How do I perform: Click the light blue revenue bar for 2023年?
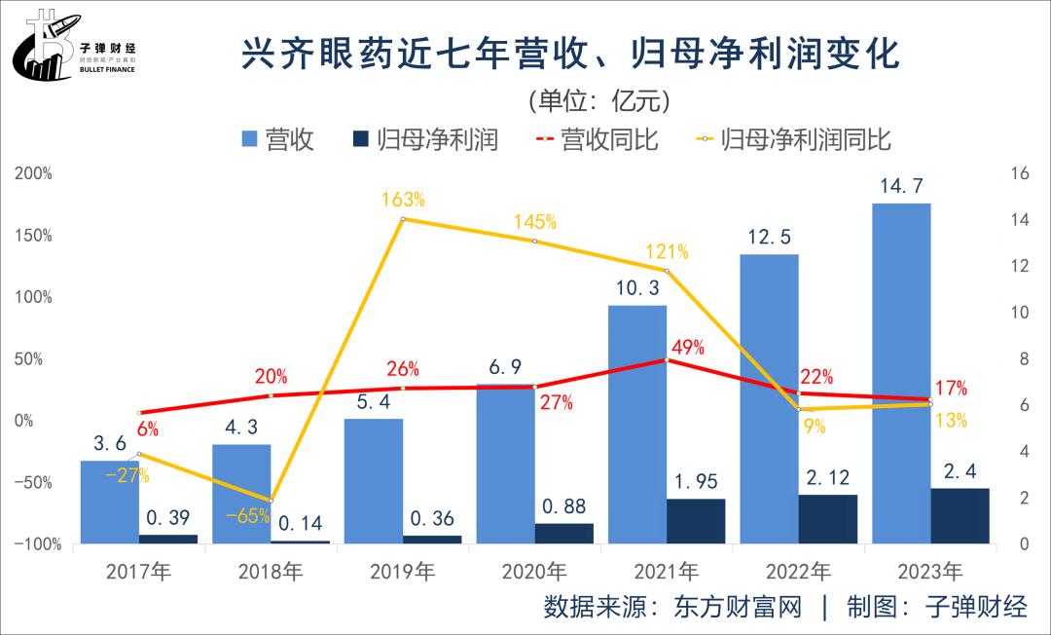tap(901, 370)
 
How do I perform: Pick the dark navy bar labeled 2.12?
tap(828, 519)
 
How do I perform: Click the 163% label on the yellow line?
tap(403, 200)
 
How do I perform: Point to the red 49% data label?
tap(686, 348)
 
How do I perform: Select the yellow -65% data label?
tap(248, 516)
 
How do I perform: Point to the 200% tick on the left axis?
tap(34, 173)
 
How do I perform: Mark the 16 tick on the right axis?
tap(1020, 173)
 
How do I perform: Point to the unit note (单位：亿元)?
tap(598, 99)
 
